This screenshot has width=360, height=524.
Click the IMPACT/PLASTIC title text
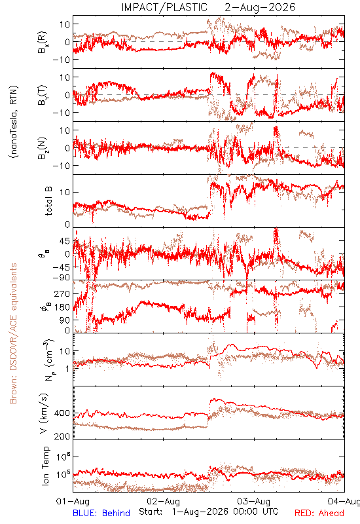164,7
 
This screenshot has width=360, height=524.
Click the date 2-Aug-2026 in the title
260,7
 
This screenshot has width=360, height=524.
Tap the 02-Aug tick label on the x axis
163,501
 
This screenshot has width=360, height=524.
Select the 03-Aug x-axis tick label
254,501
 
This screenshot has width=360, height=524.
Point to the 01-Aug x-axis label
73,501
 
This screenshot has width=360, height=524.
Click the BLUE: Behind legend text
101,513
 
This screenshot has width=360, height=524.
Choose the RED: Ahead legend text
319,513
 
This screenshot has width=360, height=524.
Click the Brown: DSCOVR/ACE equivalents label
13,333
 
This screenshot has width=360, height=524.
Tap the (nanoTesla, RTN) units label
14,122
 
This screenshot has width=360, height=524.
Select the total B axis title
48,201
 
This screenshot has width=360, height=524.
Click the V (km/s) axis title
45,413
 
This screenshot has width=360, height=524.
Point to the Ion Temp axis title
45,466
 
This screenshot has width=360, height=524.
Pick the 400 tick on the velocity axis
62,413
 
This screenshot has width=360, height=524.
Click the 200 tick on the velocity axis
62,436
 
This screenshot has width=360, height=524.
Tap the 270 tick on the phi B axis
62,294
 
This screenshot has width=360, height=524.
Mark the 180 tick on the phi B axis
62,307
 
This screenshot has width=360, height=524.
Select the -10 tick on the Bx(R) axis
61,60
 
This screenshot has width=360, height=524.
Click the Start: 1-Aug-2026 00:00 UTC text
208,512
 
